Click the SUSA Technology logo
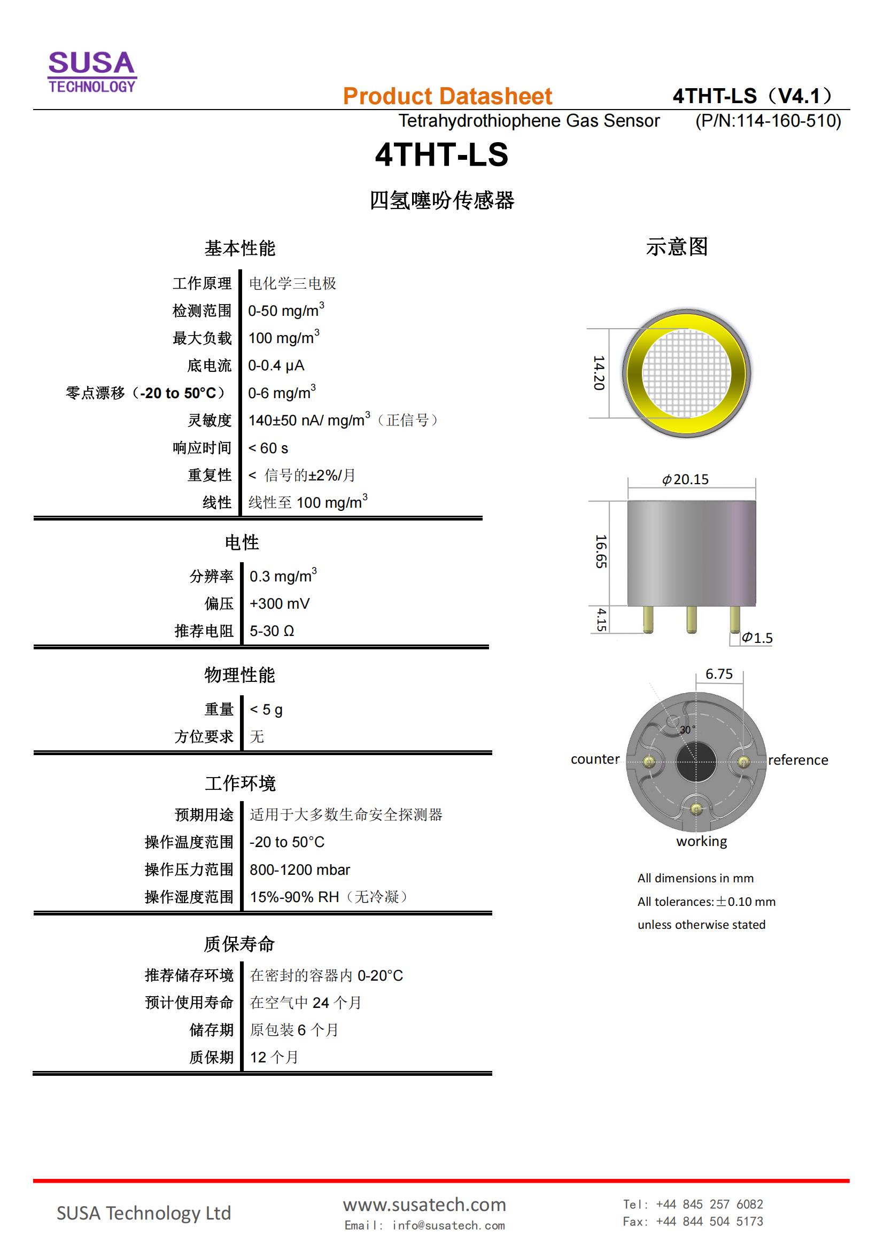pos(92,72)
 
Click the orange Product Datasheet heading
pos(447,96)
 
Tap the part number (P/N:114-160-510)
pos(768,120)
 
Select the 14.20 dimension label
pos(599,373)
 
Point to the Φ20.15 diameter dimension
pos(685,479)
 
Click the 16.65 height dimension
pos(601,552)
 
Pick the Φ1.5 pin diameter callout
pos(757,638)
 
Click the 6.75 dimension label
pos(719,674)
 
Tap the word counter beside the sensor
pos(595,759)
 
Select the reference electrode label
pos(798,760)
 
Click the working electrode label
pos(702,842)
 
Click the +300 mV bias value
pos(279,604)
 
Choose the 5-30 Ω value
pos(272,631)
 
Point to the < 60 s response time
pos(268,448)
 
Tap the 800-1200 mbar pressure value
pos(300,870)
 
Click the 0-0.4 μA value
pos(276,366)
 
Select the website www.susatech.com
pos(424,1204)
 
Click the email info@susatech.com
pos(424,1225)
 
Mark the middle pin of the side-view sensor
pos(691,619)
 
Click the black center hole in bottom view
pos(696,761)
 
